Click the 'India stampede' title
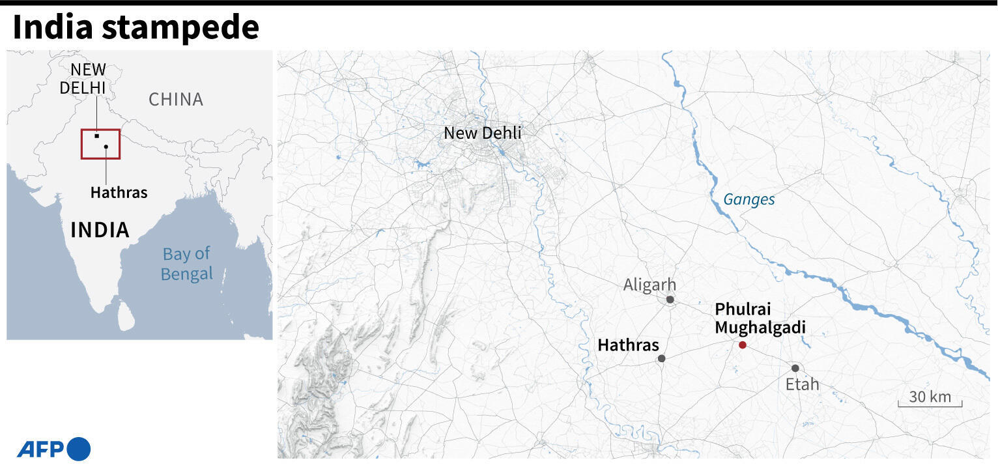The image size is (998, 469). click(x=135, y=28)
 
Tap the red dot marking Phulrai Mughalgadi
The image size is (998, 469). click(x=742, y=345)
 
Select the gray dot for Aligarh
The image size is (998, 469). click(x=670, y=300)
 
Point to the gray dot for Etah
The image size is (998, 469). click(x=795, y=368)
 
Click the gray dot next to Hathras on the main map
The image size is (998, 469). click(x=661, y=358)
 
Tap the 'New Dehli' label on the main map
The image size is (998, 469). click(x=482, y=133)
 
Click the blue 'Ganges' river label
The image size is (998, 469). click(x=749, y=199)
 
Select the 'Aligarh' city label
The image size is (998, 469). click(x=649, y=285)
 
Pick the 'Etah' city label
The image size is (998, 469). click(x=802, y=384)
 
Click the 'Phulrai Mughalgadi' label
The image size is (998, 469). click(x=760, y=319)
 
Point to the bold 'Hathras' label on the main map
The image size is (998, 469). click(x=628, y=345)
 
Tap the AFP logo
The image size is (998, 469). click(x=53, y=449)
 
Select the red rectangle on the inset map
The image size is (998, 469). click(x=100, y=144)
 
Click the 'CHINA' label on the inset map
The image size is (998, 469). click(x=176, y=100)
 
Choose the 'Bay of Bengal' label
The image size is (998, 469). click(x=186, y=264)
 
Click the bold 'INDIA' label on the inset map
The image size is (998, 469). click(x=100, y=230)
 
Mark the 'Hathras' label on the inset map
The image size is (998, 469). click(x=119, y=193)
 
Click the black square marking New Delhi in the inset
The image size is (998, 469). click(x=96, y=136)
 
